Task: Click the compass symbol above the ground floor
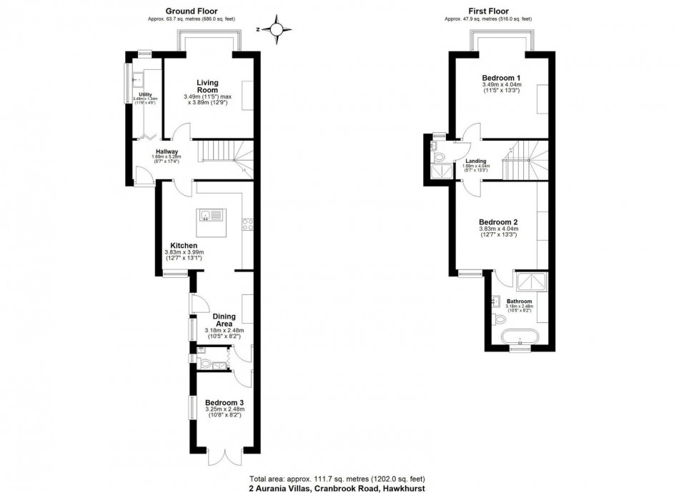278,29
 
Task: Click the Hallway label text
166,151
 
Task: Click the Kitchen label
179,245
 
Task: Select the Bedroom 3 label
224,403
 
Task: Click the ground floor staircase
222,152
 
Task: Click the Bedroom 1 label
501,78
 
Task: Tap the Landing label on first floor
475,161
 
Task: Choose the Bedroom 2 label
498,221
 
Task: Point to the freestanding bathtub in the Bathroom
519,337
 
